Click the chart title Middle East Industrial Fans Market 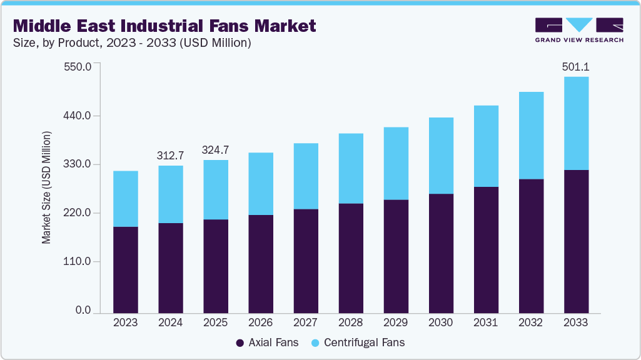click(164, 26)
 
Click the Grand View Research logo click(579, 30)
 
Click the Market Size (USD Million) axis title click(46, 187)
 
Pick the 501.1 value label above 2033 click(576, 66)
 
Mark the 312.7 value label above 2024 click(171, 155)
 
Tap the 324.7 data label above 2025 click(216, 150)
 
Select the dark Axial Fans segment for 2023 click(126, 269)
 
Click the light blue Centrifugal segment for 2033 click(576, 123)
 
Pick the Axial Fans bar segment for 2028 click(351, 257)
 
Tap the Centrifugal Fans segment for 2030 click(441, 156)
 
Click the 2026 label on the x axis click(261, 322)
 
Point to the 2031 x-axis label click(486, 322)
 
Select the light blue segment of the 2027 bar click(306, 176)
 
